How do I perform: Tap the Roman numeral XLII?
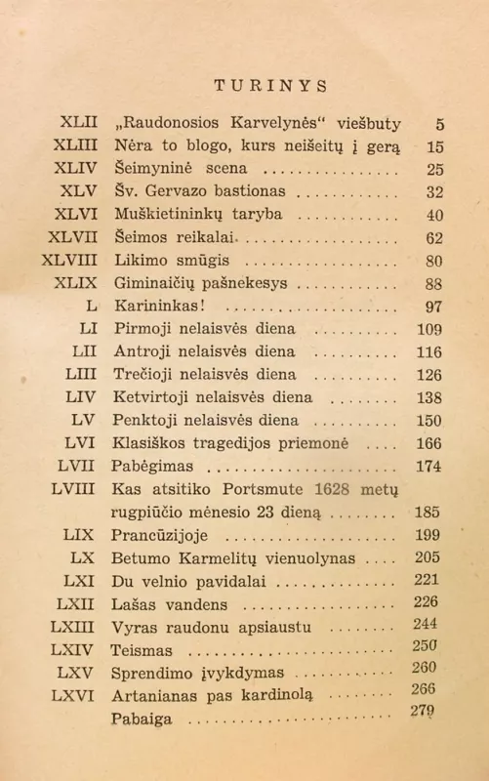78,124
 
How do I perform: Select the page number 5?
440,124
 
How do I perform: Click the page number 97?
434,306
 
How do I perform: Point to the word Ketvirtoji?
157,397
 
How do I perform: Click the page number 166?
429,443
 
